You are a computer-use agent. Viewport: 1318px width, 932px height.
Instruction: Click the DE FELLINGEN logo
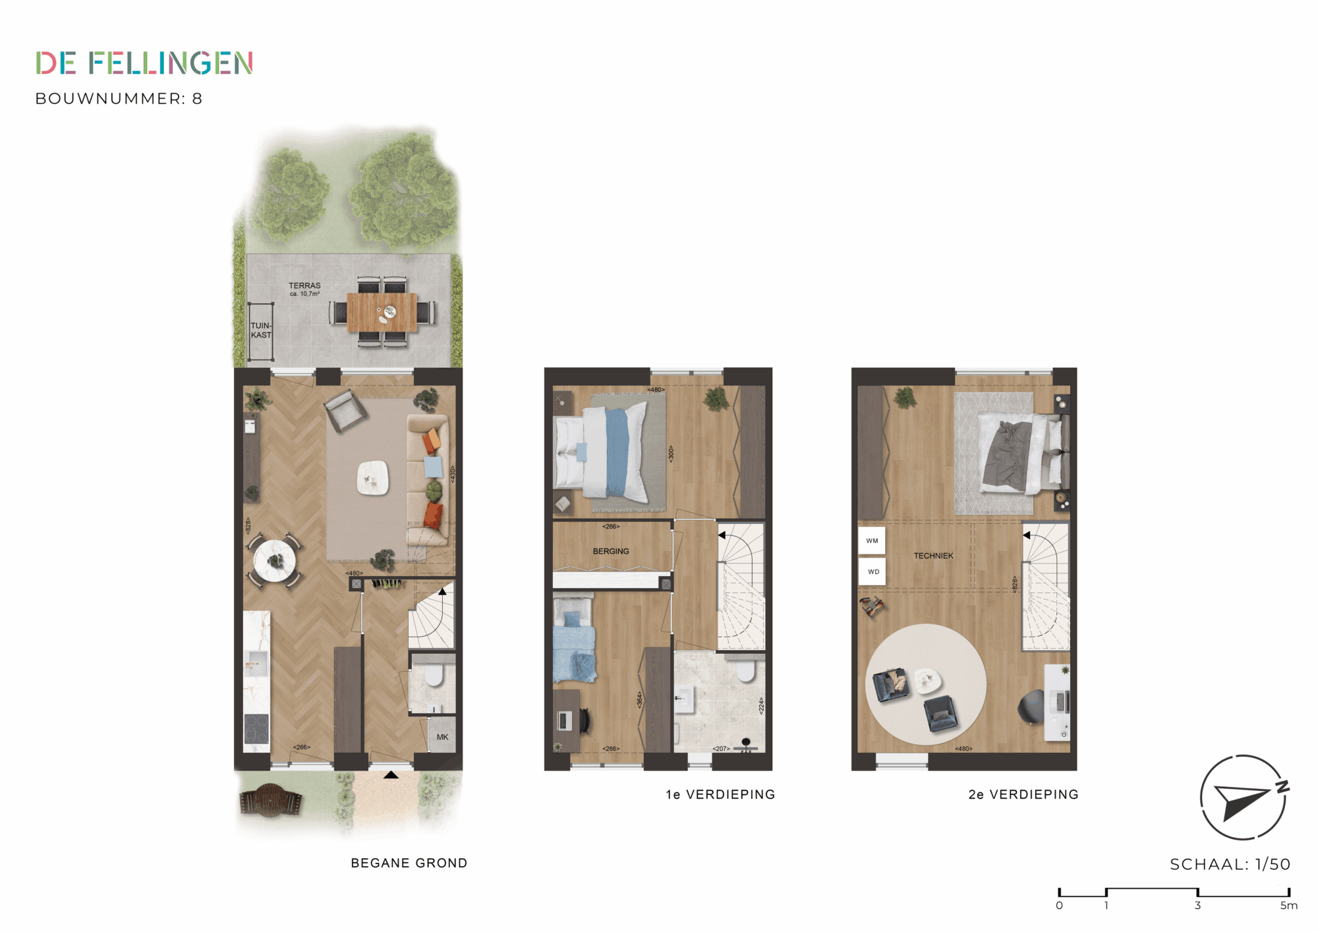(x=144, y=63)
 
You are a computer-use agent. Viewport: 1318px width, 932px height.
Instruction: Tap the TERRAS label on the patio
(x=304, y=286)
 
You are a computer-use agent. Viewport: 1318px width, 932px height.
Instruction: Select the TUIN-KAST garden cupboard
(x=261, y=332)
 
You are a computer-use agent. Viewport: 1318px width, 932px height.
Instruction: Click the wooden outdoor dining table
(x=382, y=312)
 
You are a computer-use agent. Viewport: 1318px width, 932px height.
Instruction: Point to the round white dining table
(x=275, y=561)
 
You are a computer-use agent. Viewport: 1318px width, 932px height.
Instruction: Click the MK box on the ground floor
(x=442, y=736)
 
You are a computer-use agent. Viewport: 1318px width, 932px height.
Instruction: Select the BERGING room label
(x=611, y=551)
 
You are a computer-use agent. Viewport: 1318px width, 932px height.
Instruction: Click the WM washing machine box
(x=872, y=540)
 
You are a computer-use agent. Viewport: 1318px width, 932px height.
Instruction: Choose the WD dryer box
(x=873, y=571)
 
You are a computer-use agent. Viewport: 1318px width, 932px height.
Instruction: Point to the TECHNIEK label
(x=933, y=556)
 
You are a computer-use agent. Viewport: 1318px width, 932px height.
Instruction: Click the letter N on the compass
(x=1282, y=786)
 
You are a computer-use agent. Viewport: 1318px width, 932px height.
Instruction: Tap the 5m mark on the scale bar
(x=1288, y=905)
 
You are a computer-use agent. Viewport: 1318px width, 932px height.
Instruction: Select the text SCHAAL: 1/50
(x=1230, y=864)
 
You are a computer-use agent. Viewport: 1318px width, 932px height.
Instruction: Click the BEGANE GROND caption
(x=409, y=863)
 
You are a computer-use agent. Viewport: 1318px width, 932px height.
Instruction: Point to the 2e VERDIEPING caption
(x=1023, y=794)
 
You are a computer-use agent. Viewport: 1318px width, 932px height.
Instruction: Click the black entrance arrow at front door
(x=391, y=774)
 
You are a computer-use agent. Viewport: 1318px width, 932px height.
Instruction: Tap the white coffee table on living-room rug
(x=373, y=477)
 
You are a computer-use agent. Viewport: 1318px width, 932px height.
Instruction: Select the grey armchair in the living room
(x=345, y=410)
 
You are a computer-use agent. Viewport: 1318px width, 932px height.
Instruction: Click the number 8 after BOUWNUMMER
(x=197, y=99)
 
